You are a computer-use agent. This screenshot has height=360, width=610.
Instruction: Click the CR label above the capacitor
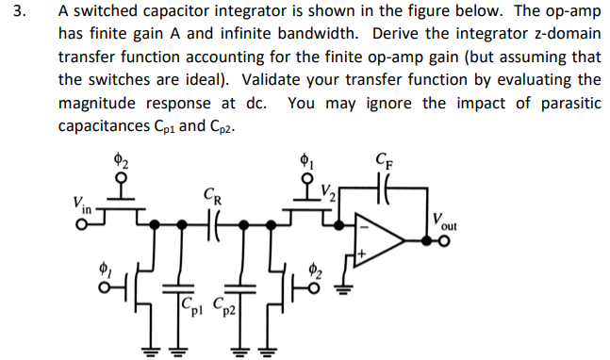click(x=212, y=198)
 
